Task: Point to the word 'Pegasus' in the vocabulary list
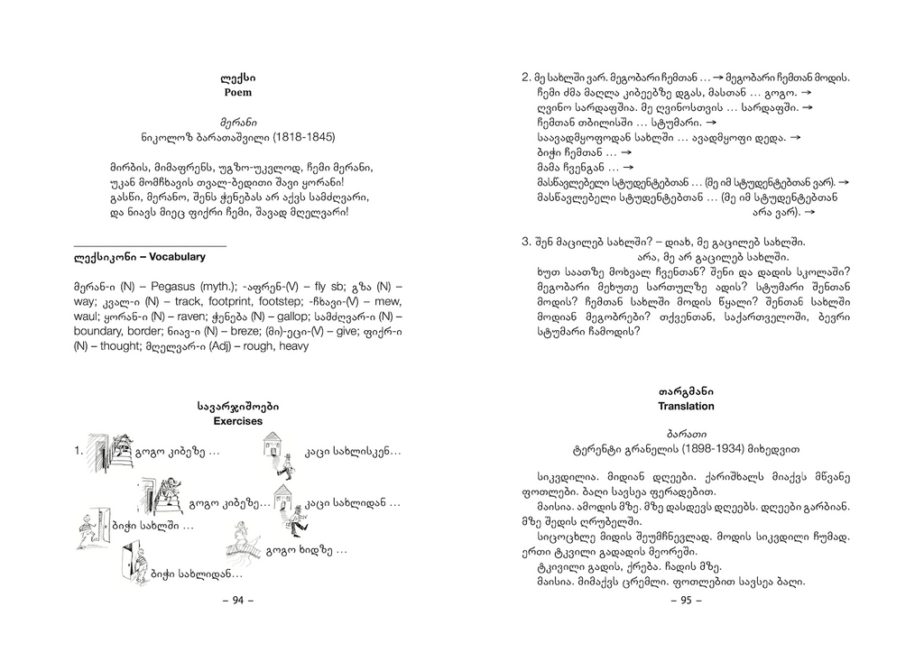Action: [143, 286]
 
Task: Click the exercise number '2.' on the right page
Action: [527, 78]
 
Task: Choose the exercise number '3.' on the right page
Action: [527, 243]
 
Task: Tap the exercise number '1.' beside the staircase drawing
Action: [79, 449]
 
